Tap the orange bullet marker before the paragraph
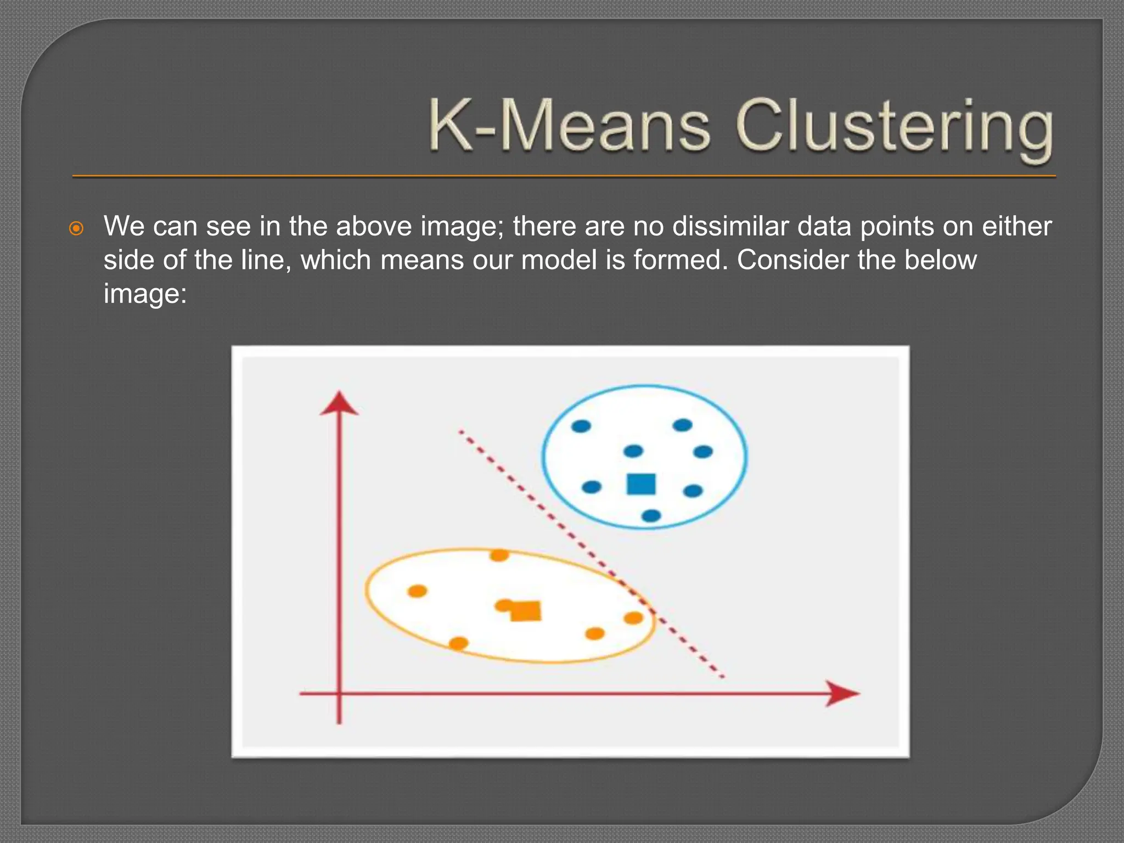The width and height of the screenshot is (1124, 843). coord(77,228)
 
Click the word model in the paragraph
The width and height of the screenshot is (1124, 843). coord(559,260)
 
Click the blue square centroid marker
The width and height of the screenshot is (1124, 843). coord(641,484)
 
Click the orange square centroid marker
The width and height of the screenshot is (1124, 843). coord(526,610)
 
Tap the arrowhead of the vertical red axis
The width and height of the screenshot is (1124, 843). coord(339,403)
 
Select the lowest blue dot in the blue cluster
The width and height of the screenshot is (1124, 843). coord(651,515)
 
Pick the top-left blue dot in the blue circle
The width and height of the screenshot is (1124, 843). coord(581,426)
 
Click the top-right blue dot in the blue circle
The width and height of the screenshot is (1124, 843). coord(682,425)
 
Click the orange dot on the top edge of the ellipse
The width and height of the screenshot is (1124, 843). coord(499,555)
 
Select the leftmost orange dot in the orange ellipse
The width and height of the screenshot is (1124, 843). coord(417,591)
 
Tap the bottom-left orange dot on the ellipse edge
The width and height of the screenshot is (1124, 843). coord(459,643)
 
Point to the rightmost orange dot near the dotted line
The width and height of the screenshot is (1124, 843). coord(633,618)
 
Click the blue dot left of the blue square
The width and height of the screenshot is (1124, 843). coord(591,487)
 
